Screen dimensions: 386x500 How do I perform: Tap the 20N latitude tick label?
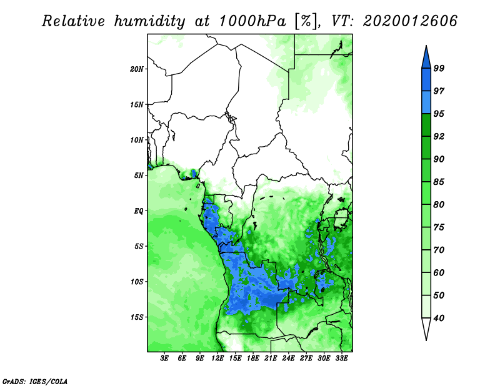tap(137, 69)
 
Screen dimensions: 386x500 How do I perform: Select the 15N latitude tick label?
tap(137, 104)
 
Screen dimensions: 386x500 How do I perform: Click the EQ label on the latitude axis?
tap(139, 211)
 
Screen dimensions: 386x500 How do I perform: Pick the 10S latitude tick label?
tap(137, 282)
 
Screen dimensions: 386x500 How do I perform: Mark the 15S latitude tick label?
tap(137, 317)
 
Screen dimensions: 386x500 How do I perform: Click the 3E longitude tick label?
tap(165, 359)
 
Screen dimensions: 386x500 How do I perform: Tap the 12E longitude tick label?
tap(218, 359)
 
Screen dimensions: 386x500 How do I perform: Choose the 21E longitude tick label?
tap(271, 359)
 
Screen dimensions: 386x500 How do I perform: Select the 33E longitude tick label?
tap(342, 359)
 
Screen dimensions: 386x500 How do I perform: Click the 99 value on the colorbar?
tap(439, 68)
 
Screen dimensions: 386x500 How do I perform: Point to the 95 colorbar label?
tap(439, 114)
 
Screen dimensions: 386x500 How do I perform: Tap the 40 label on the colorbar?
tap(439, 318)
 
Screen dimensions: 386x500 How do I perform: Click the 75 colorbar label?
tap(439, 227)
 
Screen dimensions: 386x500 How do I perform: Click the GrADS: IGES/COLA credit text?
tap(35, 380)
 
